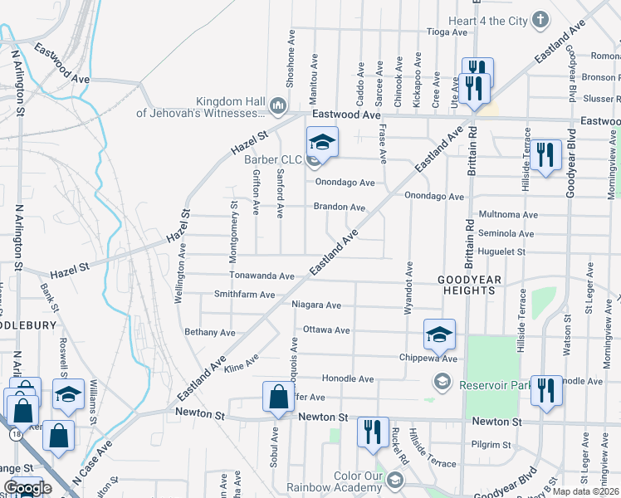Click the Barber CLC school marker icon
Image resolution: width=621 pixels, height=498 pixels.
tap(322, 140)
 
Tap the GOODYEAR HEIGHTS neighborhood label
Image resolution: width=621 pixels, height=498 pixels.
tap(470, 286)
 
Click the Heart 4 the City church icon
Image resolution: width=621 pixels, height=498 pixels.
tap(540, 20)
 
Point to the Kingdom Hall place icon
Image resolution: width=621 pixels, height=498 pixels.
tap(277, 105)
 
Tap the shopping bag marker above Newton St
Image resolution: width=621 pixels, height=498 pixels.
tap(277, 396)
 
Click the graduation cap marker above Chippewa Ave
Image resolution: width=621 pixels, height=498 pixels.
tap(439, 334)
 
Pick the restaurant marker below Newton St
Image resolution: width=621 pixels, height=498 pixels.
tap(371, 432)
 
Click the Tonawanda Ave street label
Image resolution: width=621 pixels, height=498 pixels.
tap(262, 276)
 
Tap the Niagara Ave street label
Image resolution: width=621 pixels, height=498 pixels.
tap(316, 305)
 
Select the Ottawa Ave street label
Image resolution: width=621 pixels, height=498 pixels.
tap(325, 330)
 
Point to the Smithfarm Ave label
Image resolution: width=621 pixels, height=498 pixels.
tap(244, 294)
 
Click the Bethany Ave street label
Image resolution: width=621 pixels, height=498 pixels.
tap(210, 332)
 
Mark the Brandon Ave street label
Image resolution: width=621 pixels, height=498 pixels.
tap(339, 207)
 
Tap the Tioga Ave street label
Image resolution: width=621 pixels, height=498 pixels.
tap(447, 32)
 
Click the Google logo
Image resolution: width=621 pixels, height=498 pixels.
tap(27, 488)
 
